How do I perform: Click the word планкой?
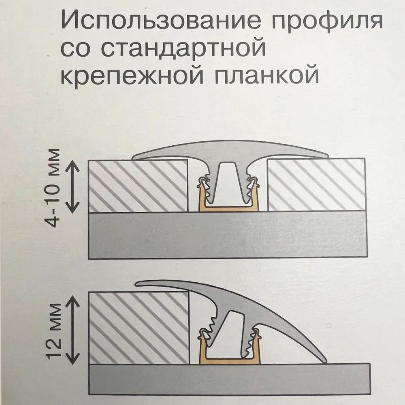pyautogui.click(x=264, y=76)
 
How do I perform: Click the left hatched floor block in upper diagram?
pyautogui.click(x=138, y=186)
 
